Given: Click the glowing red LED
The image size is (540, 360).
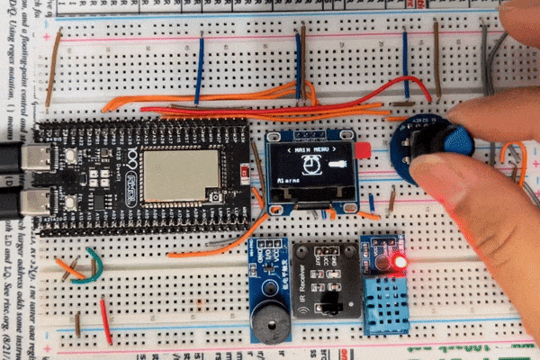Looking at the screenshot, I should (x=400, y=262).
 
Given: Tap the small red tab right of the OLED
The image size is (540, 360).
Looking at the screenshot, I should (x=363, y=150).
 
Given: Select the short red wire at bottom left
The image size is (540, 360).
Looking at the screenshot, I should (x=105, y=319).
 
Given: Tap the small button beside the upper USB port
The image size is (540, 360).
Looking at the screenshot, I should (x=69, y=156).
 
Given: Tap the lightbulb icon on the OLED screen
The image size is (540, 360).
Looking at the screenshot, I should (x=337, y=165).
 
